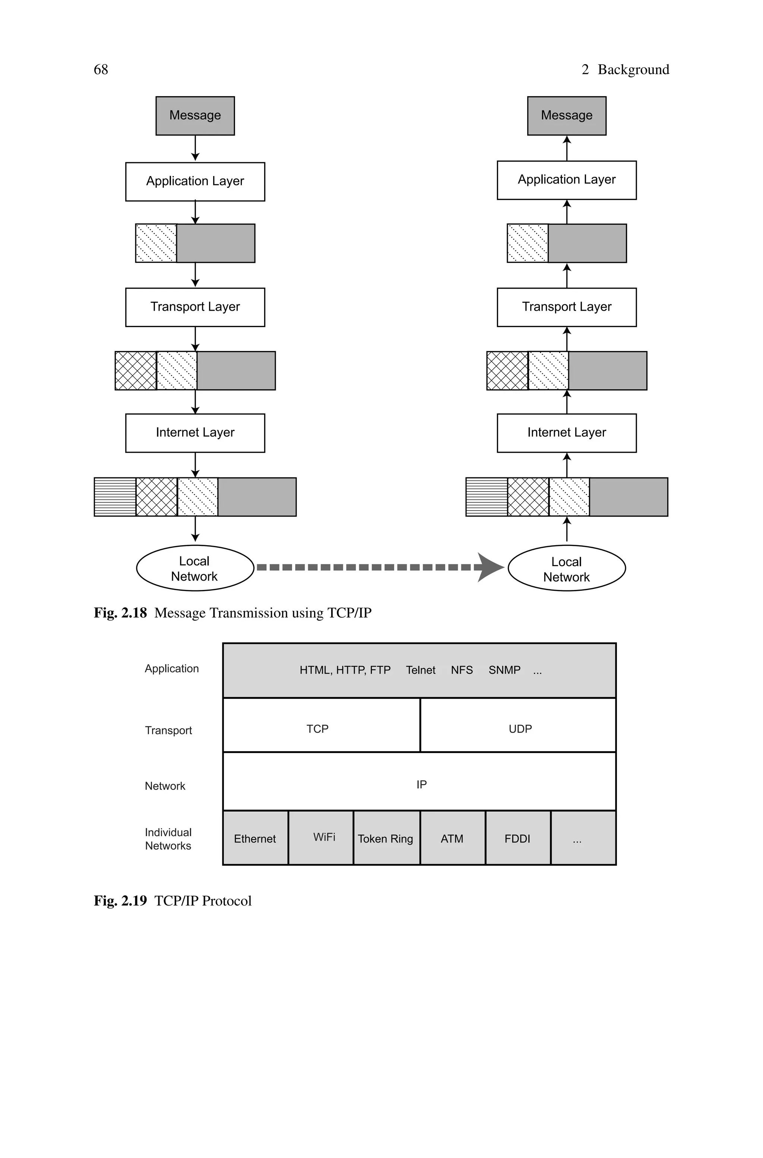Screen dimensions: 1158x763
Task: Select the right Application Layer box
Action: coord(566,180)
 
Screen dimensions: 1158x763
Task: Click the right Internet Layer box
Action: coord(566,432)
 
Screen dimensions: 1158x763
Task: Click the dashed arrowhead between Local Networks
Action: coord(490,567)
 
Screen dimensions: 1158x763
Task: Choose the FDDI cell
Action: coord(517,838)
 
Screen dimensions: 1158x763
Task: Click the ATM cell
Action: coord(452,838)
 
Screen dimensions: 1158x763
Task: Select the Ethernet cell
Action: coord(255,838)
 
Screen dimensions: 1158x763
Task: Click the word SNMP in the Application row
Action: coord(504,670)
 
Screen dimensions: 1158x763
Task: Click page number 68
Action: coord(101,70)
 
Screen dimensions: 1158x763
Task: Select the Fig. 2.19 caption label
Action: coord(120,901)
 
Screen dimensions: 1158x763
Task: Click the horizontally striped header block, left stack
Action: coord(115,497)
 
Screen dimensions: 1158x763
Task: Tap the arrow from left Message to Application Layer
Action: coord(195,148)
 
